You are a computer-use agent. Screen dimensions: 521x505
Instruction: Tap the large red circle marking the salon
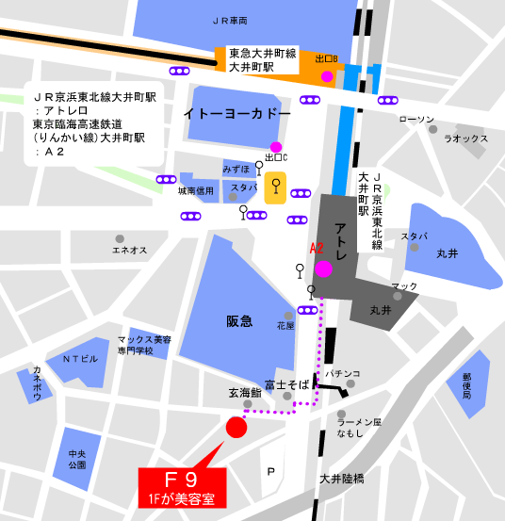(x=236, y=428)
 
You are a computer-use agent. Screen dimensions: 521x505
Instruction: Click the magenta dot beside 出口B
(x=327, y=76)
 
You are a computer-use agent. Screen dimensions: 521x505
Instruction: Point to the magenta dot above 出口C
(x=275, y=146)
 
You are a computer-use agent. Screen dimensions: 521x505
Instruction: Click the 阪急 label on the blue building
(x=239, y=321)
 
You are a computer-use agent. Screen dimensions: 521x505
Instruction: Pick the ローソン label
(x=416, y=119)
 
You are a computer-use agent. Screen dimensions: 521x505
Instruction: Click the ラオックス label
(x=465, y=138)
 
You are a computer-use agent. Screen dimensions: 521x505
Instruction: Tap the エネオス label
(x=129, y=250)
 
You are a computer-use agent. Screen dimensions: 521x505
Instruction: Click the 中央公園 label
(x=77, y=460)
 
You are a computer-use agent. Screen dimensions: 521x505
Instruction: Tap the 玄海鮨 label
(x=244, y=393)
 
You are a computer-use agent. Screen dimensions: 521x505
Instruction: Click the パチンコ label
(x=344, y=373)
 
